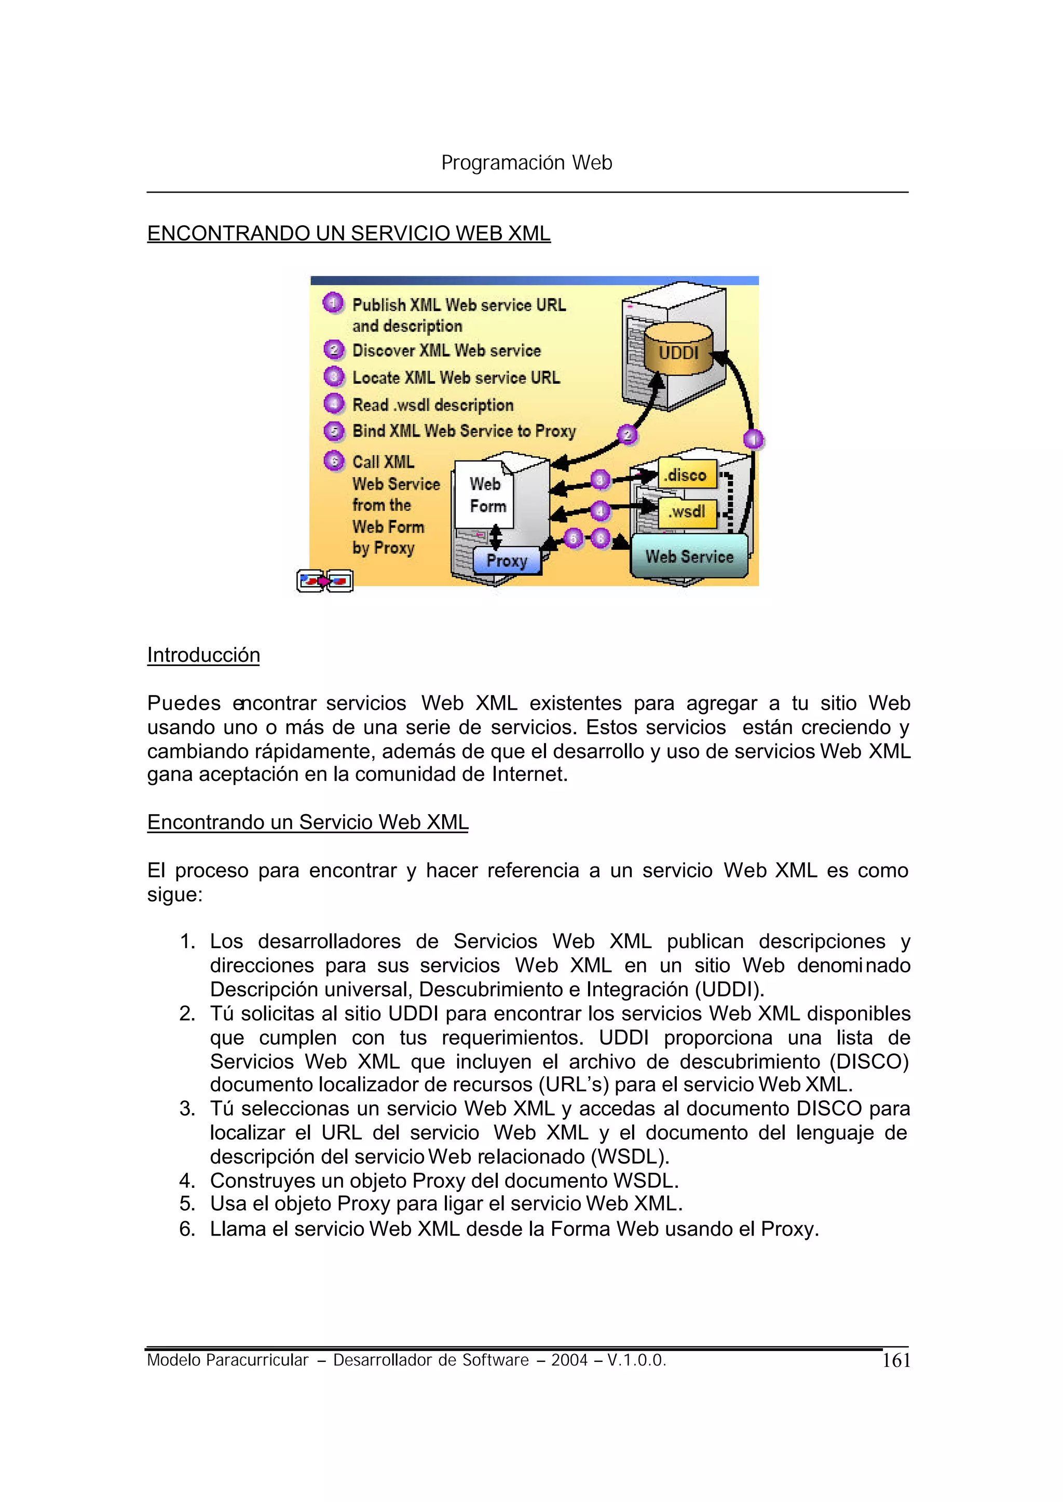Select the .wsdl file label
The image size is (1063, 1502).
[x=687, y=511]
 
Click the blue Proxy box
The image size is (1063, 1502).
[x=507, y=561]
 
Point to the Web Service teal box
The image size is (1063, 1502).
[x=689, y=556]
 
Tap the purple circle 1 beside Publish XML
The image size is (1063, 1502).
[x=333, y=303]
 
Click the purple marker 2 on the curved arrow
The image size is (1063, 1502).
[x=627, y=434]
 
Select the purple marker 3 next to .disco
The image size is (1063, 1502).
[x=599, y=480]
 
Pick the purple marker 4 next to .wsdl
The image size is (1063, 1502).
[x=599, y=511]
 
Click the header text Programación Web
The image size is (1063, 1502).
[x=526, y=163]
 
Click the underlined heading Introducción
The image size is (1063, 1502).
[x=203, y=655]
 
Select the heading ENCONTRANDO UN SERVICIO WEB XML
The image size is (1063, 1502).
[x=348, y=233]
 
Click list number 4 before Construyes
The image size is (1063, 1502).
[x=187, y=1181]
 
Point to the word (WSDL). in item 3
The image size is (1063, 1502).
[x=630, y=1157]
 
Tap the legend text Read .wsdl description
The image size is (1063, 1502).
[x=433, y=404]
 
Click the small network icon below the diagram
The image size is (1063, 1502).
[x=324, y=580]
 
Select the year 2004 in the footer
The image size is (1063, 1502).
[x=569, y=1360]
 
